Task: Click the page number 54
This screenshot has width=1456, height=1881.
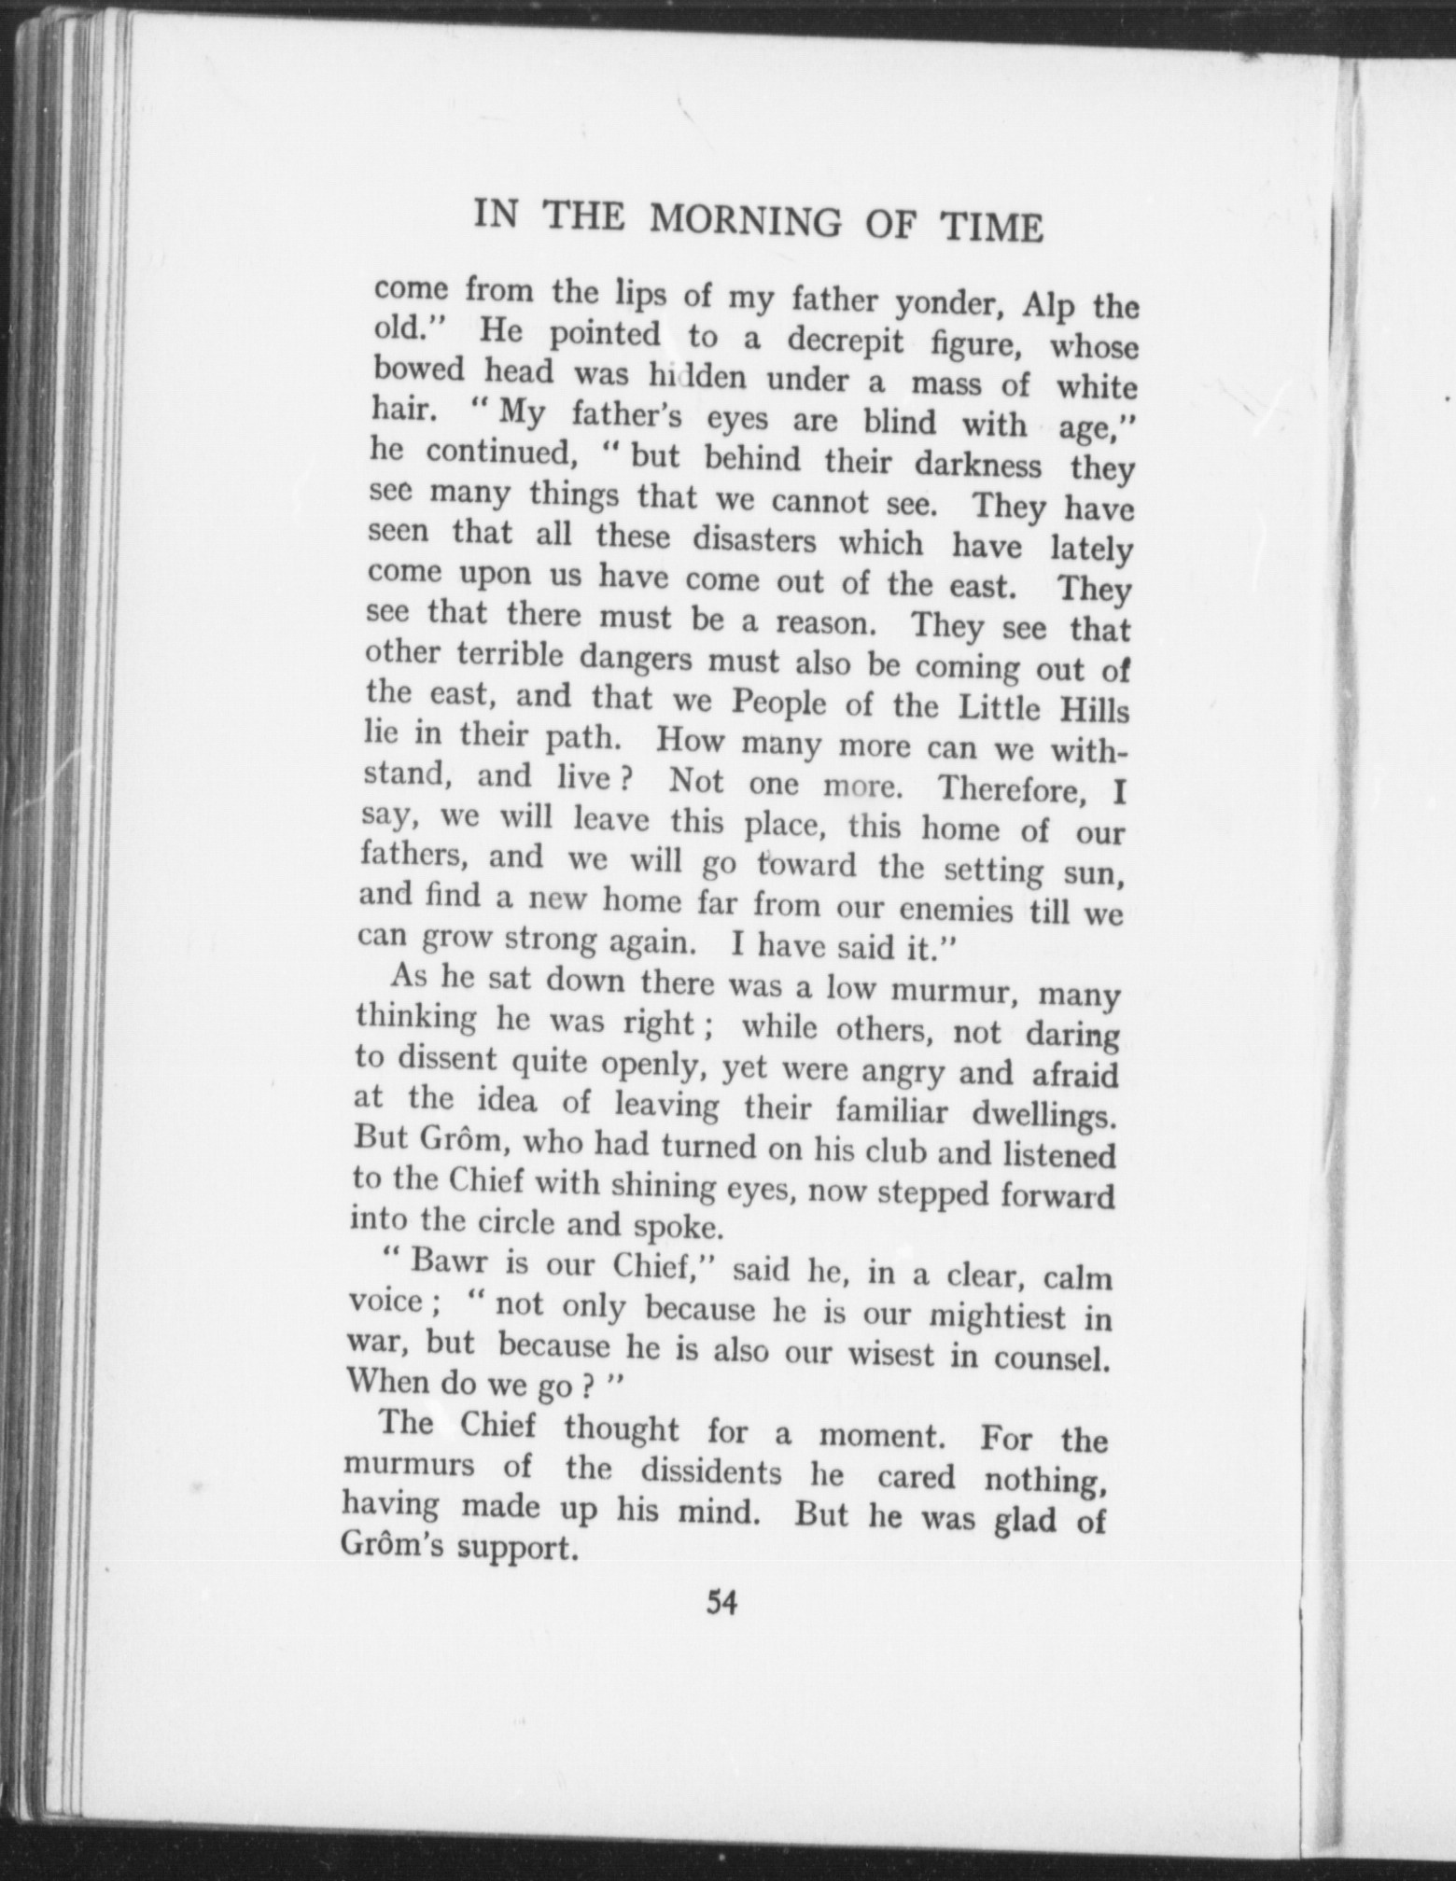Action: (x=721, y=1603)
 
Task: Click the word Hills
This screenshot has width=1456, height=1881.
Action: (x=1095, y=711)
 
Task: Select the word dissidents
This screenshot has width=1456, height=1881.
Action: (x=710, y=1471)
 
